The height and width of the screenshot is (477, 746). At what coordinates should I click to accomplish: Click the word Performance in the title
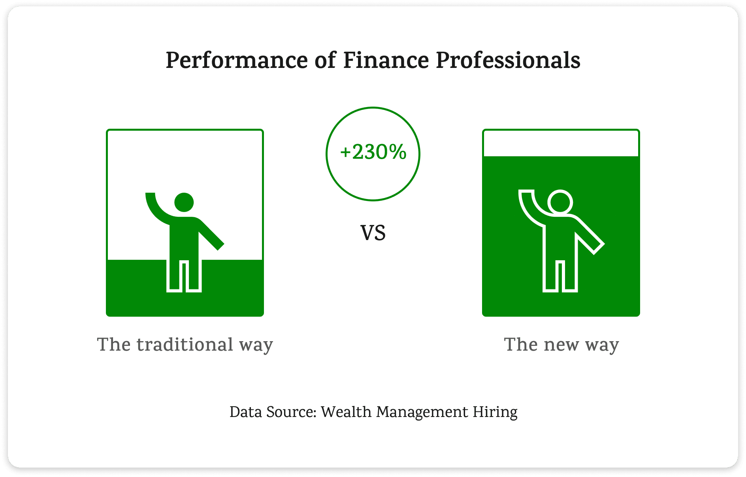236,61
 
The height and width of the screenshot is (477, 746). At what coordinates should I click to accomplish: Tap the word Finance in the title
386,61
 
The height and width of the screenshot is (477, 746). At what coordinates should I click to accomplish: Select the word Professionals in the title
508,61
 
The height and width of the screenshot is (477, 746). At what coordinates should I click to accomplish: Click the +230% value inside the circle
373,152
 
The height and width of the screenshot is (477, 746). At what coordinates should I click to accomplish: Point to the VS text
373,233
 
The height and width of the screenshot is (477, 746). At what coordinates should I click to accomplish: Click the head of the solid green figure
184,202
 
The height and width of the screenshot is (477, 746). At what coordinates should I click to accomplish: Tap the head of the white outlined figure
560,202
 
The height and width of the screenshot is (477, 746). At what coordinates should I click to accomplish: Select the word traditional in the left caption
185,344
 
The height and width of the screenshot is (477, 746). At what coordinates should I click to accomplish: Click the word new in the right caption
561,344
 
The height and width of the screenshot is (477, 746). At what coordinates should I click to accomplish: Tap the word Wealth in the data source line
346,412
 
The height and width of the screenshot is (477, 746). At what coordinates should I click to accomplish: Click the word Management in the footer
422,412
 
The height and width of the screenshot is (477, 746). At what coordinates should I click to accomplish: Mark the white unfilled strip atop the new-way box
561,143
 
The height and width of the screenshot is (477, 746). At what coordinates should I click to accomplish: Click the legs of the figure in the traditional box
184,275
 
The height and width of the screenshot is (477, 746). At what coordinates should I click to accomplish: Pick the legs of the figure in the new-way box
560,275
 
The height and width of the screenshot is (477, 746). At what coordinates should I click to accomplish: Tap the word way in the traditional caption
256,346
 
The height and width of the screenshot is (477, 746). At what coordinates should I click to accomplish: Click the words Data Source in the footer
273,412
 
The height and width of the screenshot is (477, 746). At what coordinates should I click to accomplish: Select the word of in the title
325,61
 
